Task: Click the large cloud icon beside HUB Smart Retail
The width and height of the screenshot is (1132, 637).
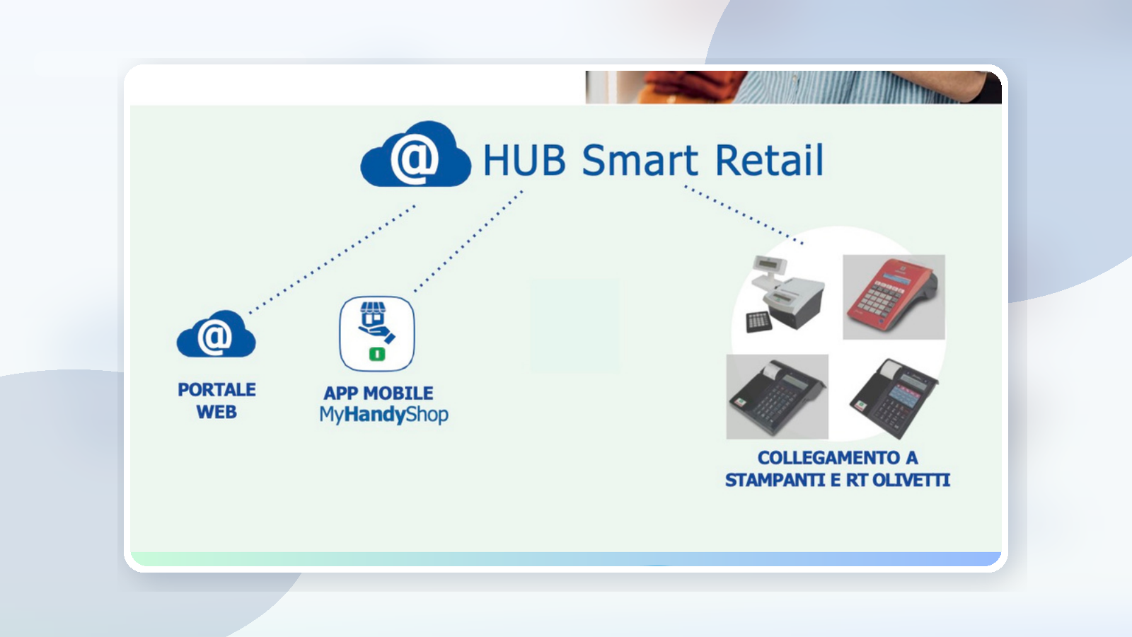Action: [x=415, y=156]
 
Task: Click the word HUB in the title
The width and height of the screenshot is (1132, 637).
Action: [x=524, y=160]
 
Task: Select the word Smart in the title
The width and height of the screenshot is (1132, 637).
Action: [x=640, y=160]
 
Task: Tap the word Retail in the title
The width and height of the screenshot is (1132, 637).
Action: [x=769, y=160]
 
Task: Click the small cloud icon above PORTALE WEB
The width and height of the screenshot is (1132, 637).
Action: [x=216, y=335]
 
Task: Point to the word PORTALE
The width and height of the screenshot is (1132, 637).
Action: [x=216, y=390]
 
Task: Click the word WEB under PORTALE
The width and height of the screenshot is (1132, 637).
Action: [x=216, y=413]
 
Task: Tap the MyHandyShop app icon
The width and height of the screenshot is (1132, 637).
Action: [x=377, y=333]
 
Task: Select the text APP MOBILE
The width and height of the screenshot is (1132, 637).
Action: [x=379, y=393]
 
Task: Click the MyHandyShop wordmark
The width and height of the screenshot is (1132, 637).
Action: [x=383, y=415]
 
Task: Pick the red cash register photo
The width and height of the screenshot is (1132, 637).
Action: [x=894, y=297]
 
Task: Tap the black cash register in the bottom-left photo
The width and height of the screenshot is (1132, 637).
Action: [x=777, y=397]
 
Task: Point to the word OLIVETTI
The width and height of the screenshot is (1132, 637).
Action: [x=911, y=481]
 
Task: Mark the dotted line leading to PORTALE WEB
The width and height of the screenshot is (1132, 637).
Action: [x=333, y=259]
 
